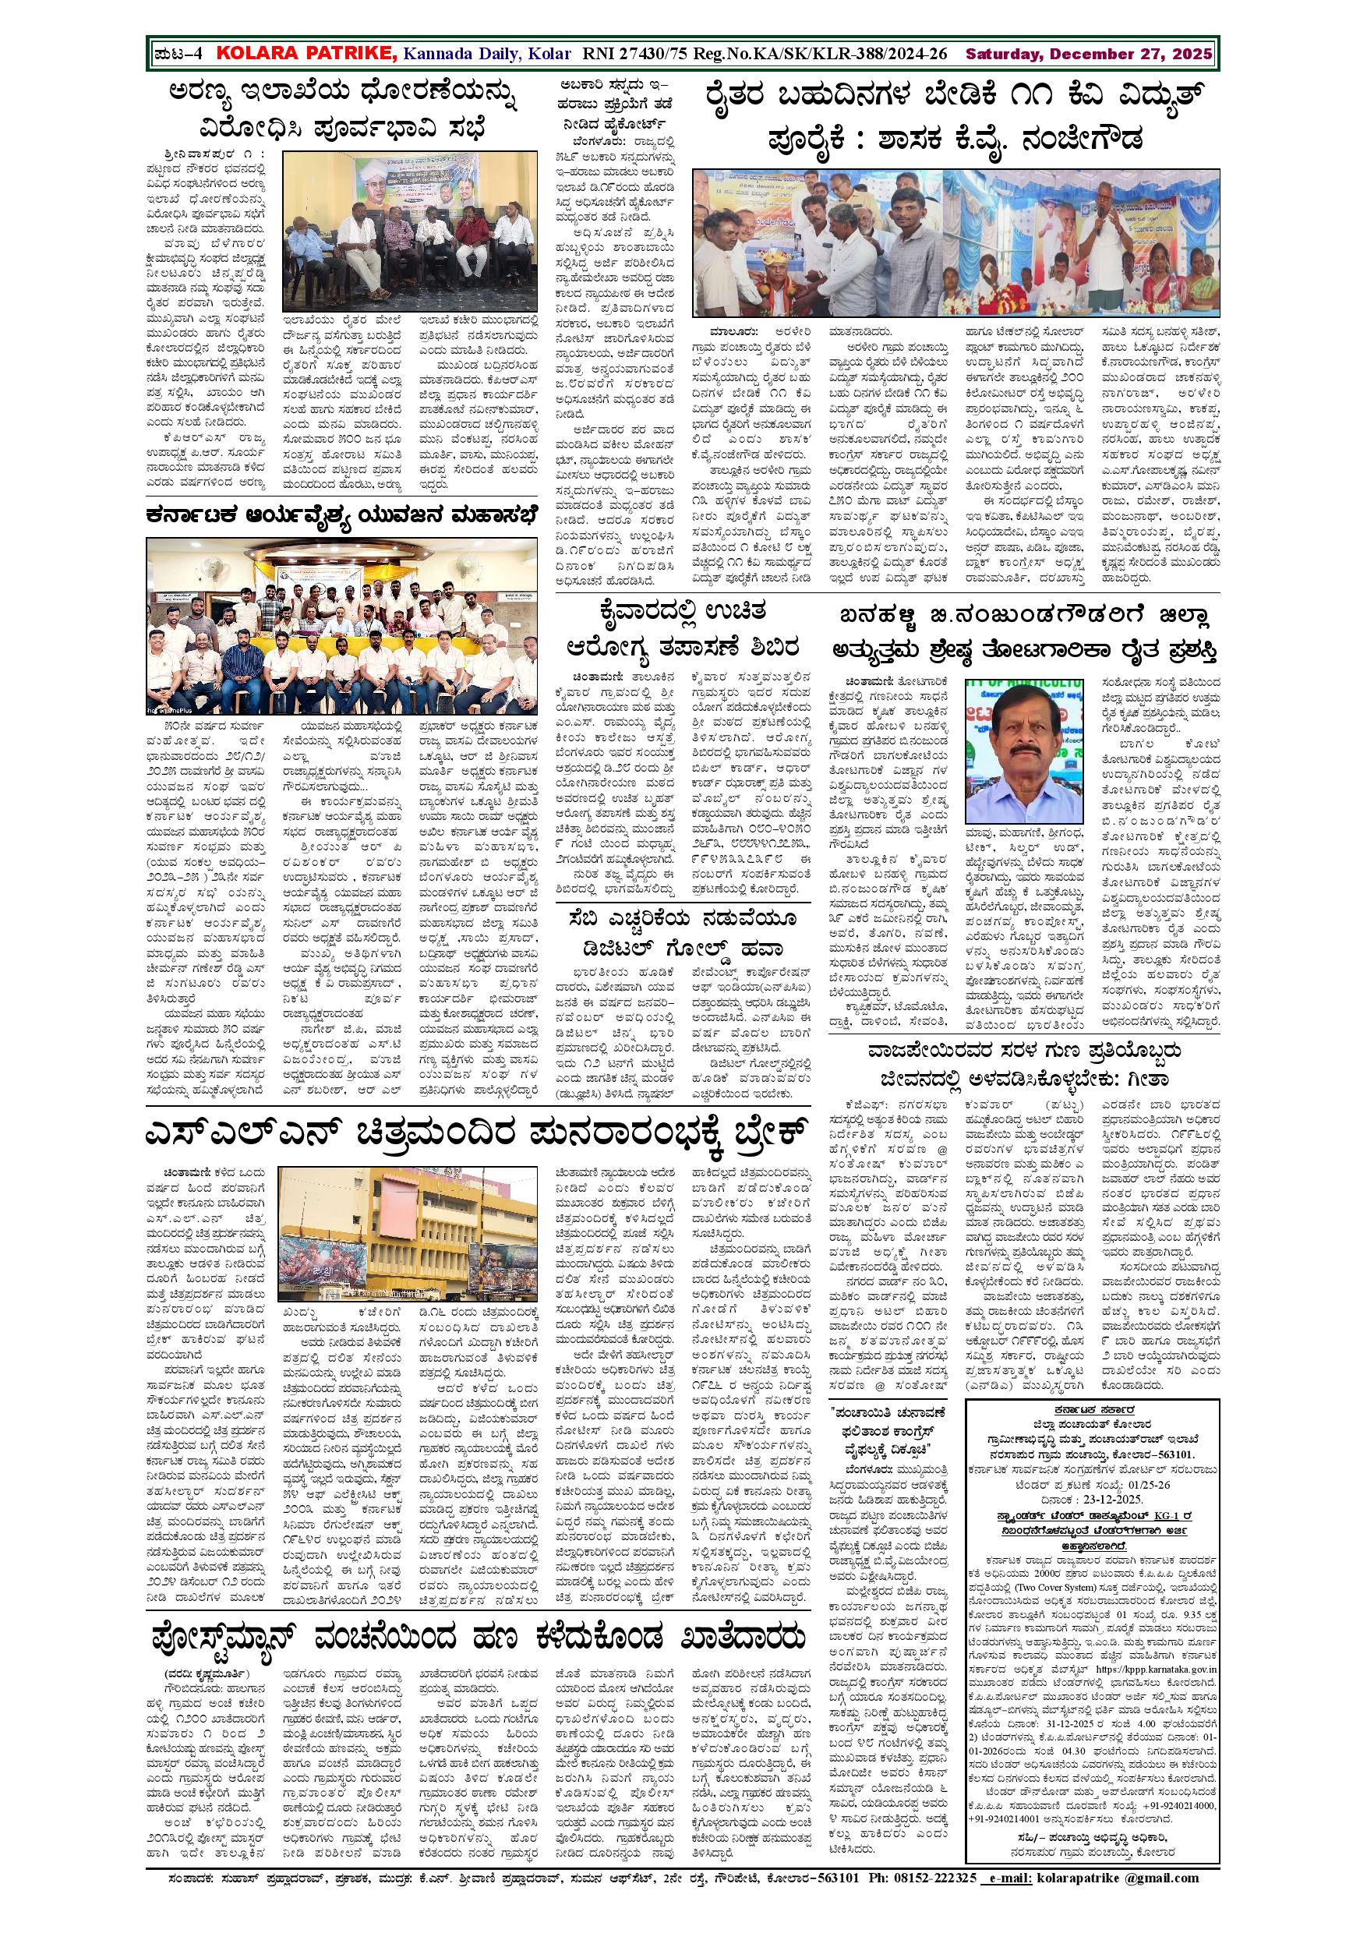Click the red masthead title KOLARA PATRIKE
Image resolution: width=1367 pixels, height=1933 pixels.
click(306, 54)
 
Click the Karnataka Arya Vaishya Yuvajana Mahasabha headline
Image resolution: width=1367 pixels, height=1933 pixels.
click(341, 514)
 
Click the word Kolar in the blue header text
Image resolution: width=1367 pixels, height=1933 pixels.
click(549, 54)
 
